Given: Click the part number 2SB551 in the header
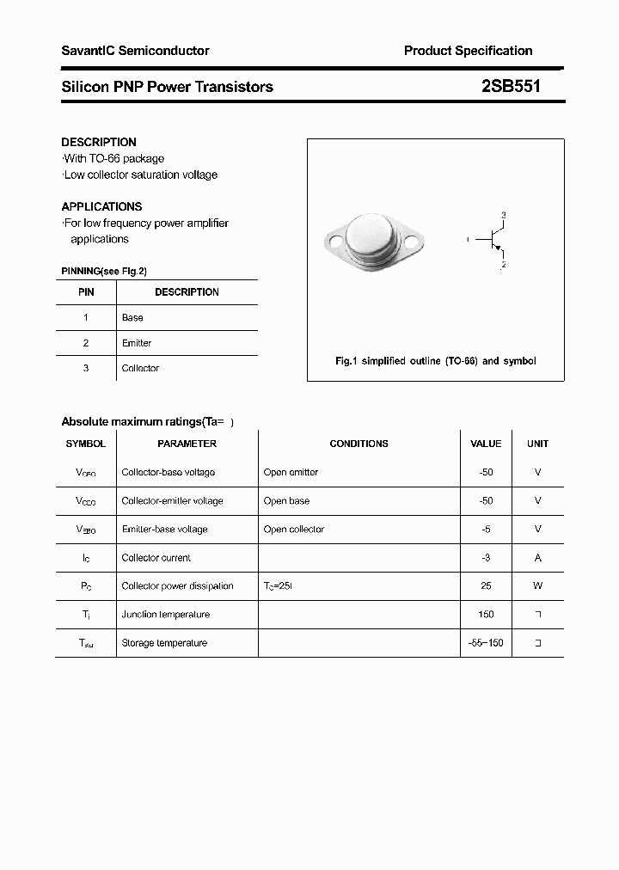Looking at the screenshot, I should point(511,86).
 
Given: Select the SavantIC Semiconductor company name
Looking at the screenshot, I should point(135,51).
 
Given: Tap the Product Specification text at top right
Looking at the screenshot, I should point(468,51).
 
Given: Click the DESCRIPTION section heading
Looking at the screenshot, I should point(99,142).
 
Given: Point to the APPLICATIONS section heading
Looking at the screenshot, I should point(101,206).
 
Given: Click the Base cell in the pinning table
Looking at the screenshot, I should point(132,317).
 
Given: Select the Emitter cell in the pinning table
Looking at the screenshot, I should point(137,343).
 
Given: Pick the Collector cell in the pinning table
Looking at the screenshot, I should point(140,368).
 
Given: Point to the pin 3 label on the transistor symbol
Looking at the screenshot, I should point(504,214).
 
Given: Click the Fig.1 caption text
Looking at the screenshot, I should point(435,361).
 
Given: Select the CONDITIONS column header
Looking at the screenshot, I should point(359,444).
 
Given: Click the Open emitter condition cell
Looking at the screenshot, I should point(291,472).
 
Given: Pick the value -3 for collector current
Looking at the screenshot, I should point(486,557).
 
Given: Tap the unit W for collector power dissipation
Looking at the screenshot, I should point(537,585).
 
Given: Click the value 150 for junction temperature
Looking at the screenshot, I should point(486,614).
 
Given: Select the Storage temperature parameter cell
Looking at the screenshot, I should point(164,642).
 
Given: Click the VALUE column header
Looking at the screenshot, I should point(486,444).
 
